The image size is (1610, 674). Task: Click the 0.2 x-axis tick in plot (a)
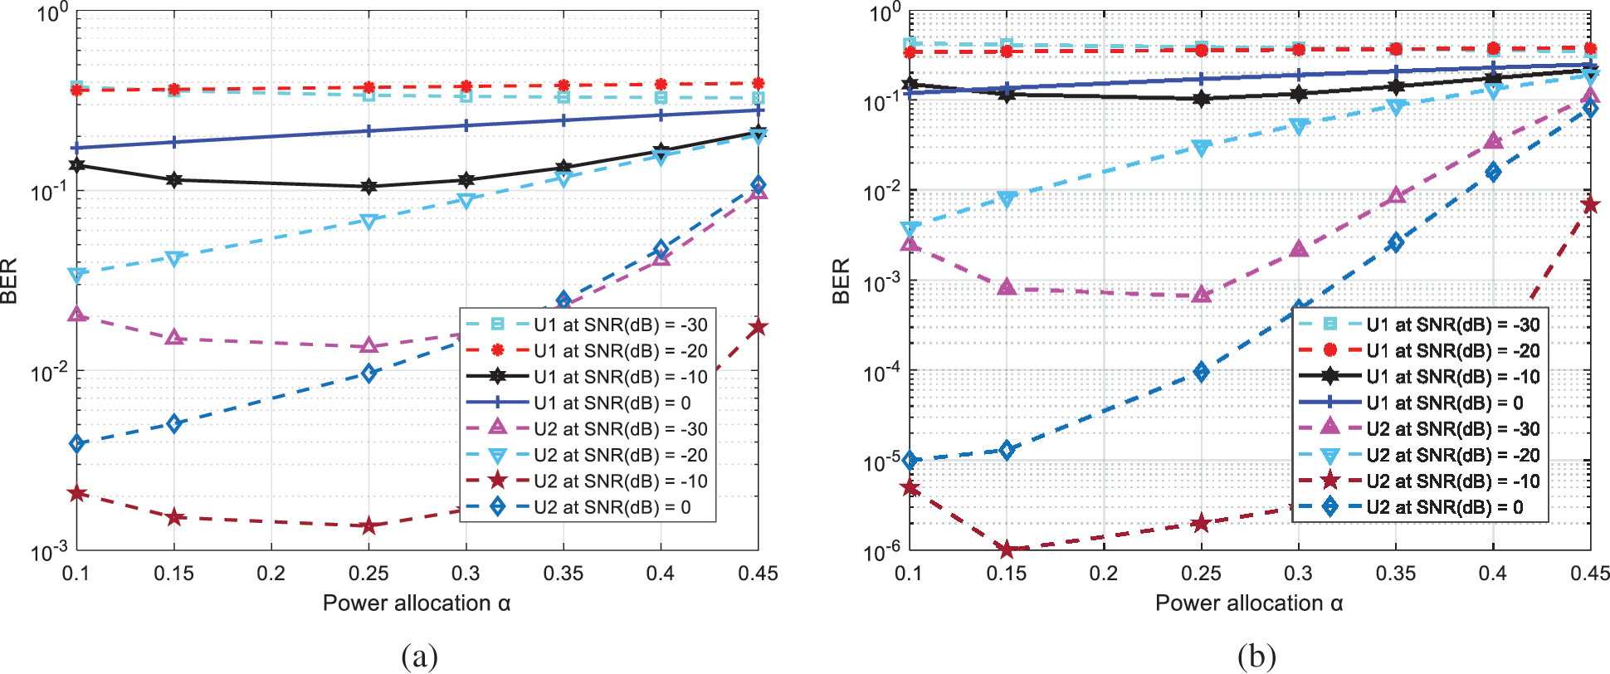271,574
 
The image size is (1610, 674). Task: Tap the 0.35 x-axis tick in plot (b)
1395,574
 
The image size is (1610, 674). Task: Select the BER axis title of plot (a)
10,281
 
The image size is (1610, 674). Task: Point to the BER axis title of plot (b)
842,281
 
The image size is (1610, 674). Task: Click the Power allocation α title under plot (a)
417,603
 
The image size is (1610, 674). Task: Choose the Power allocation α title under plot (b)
1249,603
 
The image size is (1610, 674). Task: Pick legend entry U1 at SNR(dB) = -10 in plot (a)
620,377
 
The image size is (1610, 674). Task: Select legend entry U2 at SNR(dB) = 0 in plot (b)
1444,507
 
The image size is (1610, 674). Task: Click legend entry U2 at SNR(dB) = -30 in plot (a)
620,429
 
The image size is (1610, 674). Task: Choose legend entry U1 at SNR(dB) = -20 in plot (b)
1452,351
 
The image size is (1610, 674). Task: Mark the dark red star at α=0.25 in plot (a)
368,525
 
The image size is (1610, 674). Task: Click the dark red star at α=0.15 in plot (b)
1007,549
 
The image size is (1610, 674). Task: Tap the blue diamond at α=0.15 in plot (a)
173,424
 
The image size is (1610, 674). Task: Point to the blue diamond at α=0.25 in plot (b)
1201,372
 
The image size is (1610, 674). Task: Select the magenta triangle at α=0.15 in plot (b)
1007,288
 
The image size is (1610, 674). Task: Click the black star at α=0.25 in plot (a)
368,187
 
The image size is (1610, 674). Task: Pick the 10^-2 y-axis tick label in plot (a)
49,372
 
